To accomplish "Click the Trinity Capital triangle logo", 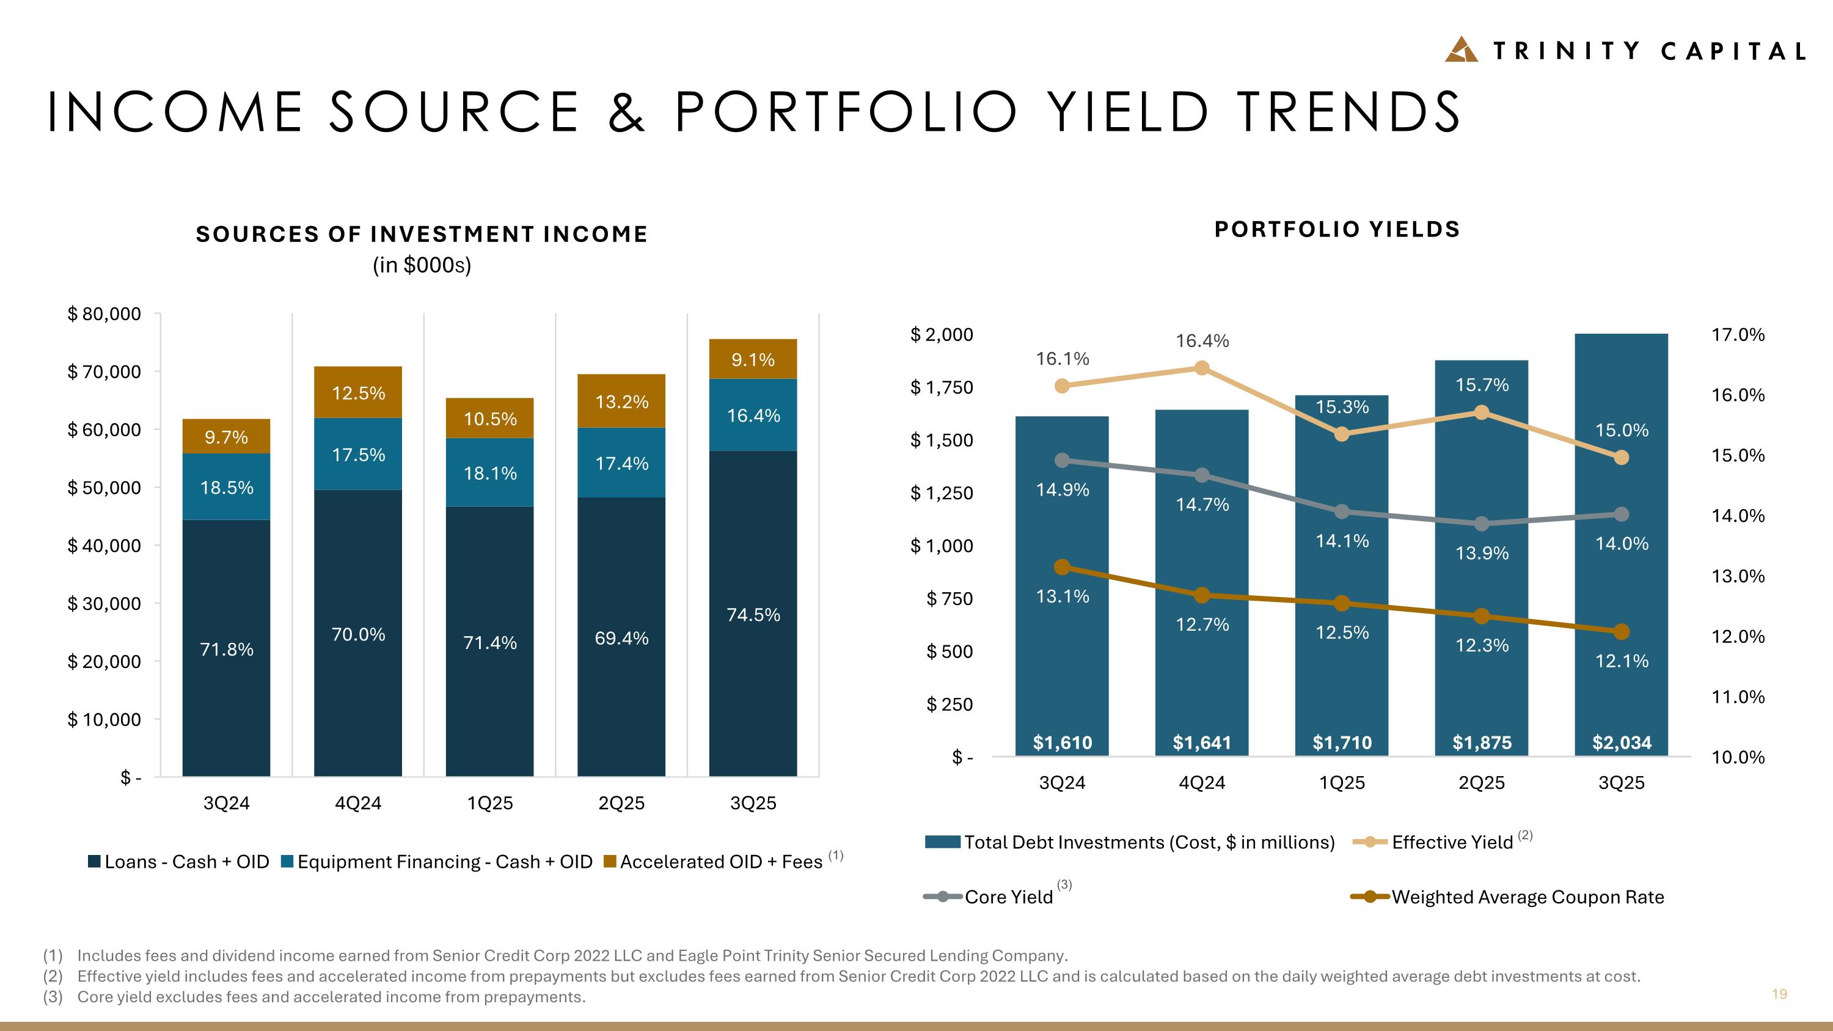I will click(x=1462, y=50).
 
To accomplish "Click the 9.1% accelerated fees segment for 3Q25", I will click(x=753, y=359).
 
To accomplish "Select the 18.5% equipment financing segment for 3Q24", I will click(x=226, y=488).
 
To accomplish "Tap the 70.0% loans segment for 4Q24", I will click(x=358, y=634).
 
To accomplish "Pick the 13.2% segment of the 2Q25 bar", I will click(x=621, y=402).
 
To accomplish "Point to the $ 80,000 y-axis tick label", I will click(x=104, y=314).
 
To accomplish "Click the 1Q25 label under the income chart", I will click(x=489, y=803).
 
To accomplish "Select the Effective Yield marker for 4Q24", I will click(x=1202, y=368).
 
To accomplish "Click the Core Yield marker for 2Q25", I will click(x=1482, y=524).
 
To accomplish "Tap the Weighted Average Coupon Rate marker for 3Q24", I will click(x=1062, y=567).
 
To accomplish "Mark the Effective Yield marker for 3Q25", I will click(x=1622, y=458).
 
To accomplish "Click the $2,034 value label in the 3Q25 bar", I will click(x=1622, y=743).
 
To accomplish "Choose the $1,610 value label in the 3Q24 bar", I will click(x=1063, y=743).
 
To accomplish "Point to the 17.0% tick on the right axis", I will click(x=1738, y=334).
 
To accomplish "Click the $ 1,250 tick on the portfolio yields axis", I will click(x=942, y=493).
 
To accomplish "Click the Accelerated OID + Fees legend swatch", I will click(x=609, y=862).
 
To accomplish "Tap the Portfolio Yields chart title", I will click(x=1337, y=229).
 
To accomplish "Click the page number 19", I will click(x=1779, y=994).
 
